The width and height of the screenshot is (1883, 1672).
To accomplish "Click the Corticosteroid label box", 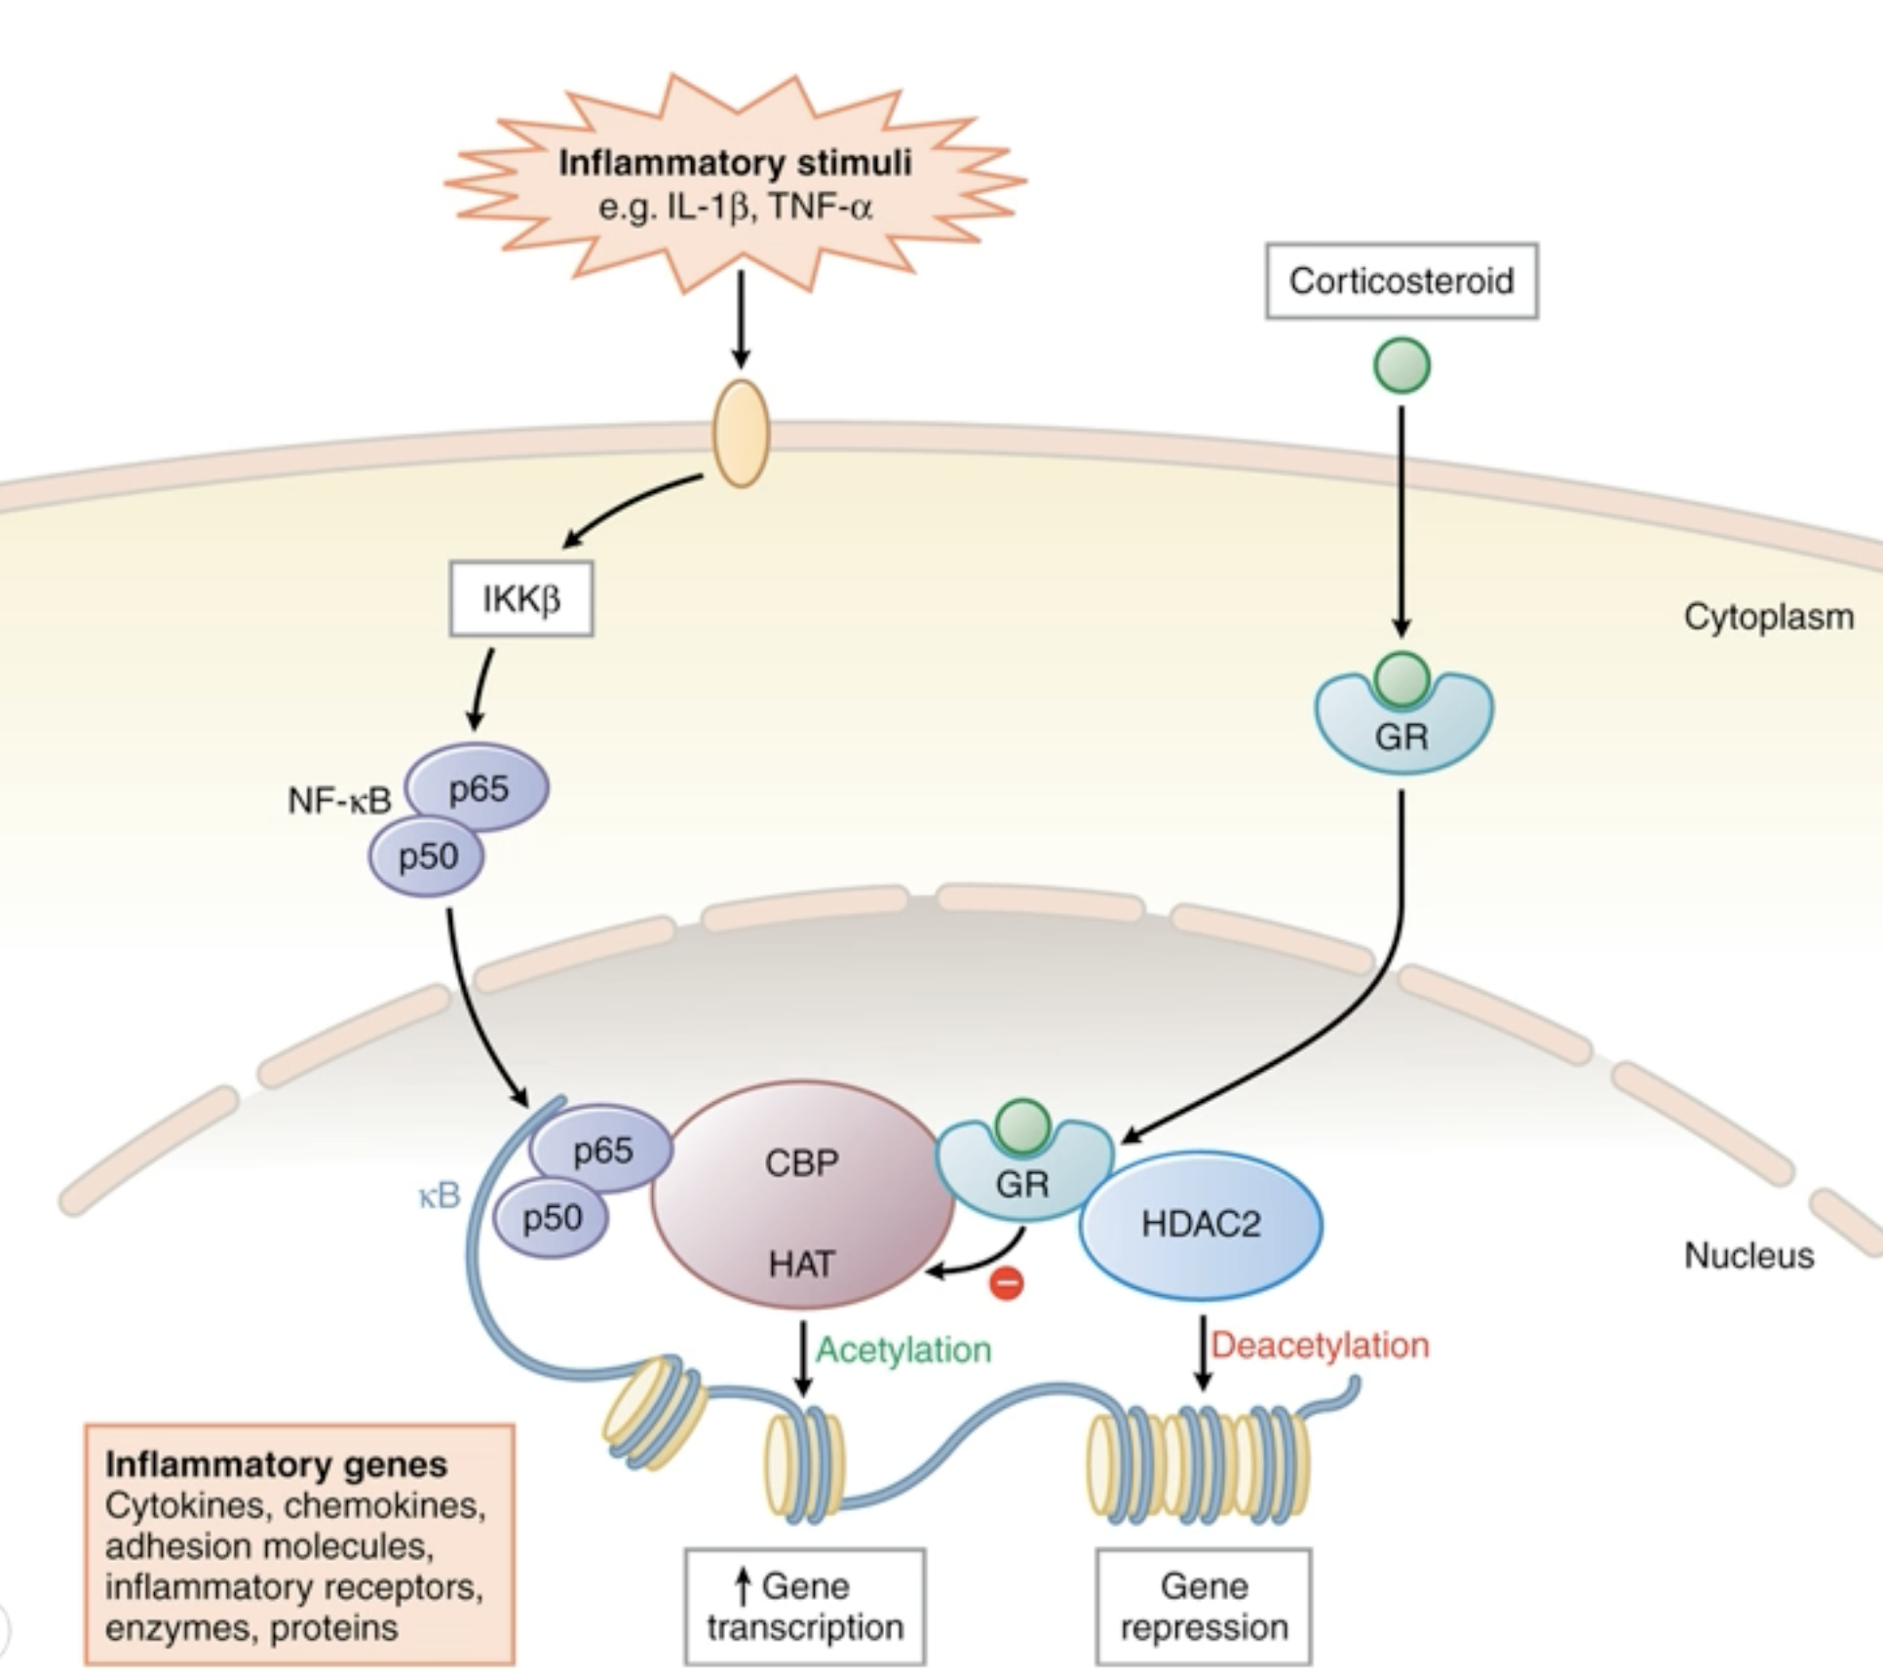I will [1401, 282].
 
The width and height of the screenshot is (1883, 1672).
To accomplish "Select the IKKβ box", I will [520, 598].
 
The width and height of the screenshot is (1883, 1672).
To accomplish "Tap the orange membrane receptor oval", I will [741, 434].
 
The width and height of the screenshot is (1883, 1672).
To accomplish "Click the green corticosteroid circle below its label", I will [1402, 365].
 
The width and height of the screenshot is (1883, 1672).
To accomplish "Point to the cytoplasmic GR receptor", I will [1403, 726].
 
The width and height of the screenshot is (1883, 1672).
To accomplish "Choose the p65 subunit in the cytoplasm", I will [478, 787].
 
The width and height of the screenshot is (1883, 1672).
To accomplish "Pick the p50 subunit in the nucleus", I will [552, 1217].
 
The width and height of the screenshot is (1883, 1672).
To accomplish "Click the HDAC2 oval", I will [1201, 1224].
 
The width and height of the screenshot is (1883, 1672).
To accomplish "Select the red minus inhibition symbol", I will [1006, 1283].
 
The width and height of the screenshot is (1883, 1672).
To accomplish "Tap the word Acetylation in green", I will [903, 1349].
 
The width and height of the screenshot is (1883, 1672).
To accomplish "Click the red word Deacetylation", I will [1320, 1346].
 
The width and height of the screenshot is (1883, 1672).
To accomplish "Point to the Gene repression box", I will [1204, 1606].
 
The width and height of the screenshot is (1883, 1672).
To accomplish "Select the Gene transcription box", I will [805, 1606].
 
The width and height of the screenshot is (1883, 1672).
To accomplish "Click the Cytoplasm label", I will [1768, 617].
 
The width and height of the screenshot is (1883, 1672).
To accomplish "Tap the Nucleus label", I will [1749, 1255].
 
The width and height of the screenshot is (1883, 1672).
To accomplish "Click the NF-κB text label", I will [339, 801].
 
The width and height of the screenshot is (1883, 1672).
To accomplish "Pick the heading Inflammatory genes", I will [276, 1464].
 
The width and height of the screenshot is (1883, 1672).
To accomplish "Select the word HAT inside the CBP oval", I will [801, 1264].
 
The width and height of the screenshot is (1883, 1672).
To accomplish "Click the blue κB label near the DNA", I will [439, 1196].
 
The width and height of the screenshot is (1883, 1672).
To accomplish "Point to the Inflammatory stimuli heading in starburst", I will [735, 163].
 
